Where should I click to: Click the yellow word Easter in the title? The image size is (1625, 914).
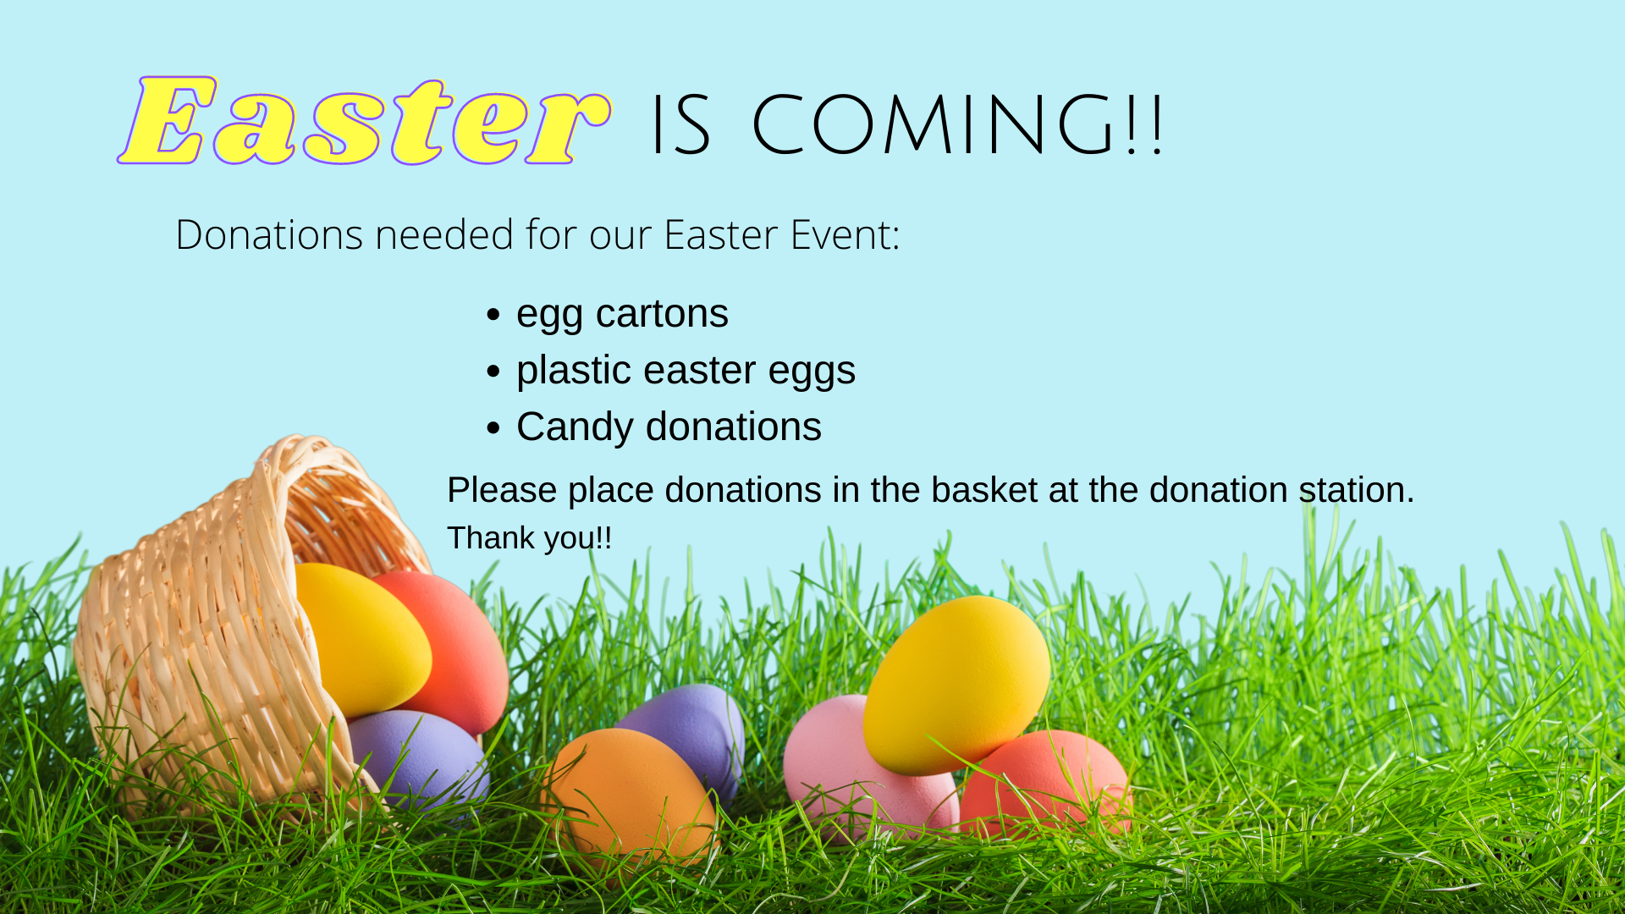[364, 120]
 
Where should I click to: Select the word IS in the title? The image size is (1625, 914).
[680, 125]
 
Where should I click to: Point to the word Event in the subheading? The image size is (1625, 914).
[845, 234]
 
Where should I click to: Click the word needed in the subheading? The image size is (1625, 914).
[444, 234]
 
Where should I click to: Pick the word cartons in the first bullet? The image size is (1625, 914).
[662, 314]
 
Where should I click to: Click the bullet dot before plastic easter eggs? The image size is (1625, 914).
[494, 372]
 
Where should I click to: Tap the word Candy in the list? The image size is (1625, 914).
[575, 427]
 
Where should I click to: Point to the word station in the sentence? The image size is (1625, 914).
[1357, 491]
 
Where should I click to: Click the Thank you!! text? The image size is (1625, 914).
[529, 538]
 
